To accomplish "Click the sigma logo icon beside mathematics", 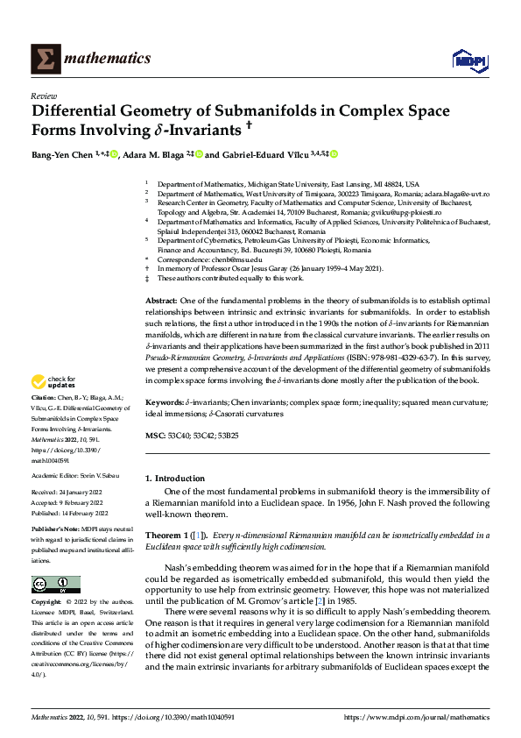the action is click(x=43, y=59).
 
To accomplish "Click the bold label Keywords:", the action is click(x=165, y=401).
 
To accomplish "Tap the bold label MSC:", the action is click(x=154, y=435).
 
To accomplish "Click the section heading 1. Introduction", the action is click(x=175, y=479).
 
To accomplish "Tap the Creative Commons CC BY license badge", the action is click(x=56, y=584).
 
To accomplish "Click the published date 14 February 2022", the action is click(x=84, y=514).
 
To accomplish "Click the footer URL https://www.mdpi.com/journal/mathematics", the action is click(x=417, y=717).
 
